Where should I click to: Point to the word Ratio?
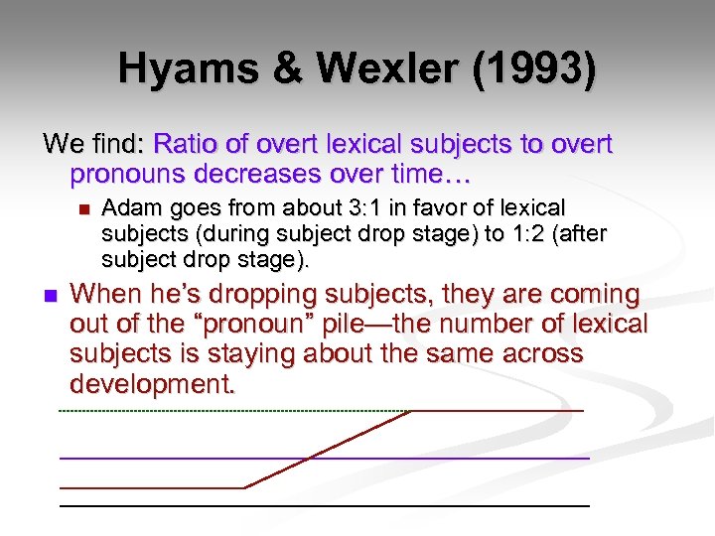189,145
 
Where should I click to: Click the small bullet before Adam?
81,209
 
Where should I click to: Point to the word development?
153,384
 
